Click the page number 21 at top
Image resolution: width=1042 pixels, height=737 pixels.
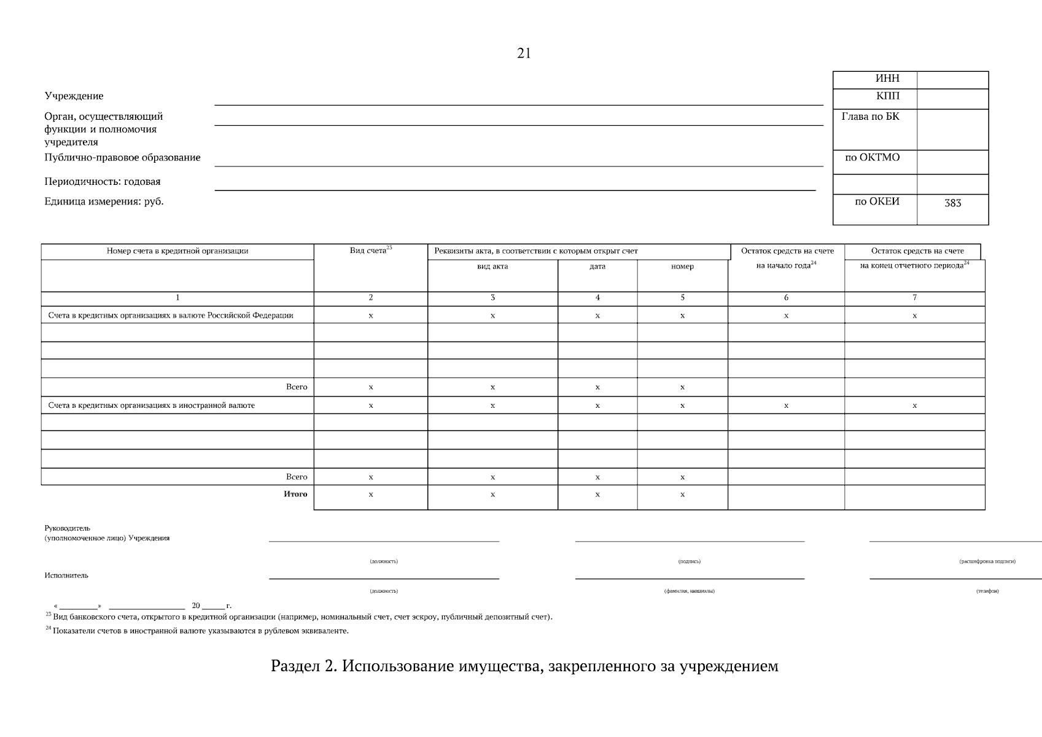pos(524,53)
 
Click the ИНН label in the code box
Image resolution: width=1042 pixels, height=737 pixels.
pos(887,79)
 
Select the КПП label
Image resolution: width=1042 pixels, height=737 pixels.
pos(887,96)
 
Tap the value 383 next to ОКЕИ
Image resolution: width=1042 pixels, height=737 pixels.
pos(952,203)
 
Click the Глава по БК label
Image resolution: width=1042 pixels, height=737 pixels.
pos(870,116)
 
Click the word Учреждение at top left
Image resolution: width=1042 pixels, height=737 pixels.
pos(74,96)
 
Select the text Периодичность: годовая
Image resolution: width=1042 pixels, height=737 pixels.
pos(102,181)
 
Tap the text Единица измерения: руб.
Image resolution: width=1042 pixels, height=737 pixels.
pos(104,201)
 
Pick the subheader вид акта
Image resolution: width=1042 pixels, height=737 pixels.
pos(492,267)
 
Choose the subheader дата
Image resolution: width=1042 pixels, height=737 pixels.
pos(597,267)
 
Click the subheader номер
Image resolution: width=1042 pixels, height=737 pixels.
pos(682,267)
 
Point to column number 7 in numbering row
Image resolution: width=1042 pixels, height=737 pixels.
pos(914,298)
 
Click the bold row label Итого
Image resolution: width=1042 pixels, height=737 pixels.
pos(295,494)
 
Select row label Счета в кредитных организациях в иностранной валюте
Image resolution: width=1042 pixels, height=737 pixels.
pos(151,405)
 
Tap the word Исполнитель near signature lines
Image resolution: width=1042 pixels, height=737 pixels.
pos(66,575)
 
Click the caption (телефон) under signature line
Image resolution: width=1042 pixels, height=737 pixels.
pos(987,591)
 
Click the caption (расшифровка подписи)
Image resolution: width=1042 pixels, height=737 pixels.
pos(987,561)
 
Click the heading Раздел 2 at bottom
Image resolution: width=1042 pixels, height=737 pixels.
pos(524,666)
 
